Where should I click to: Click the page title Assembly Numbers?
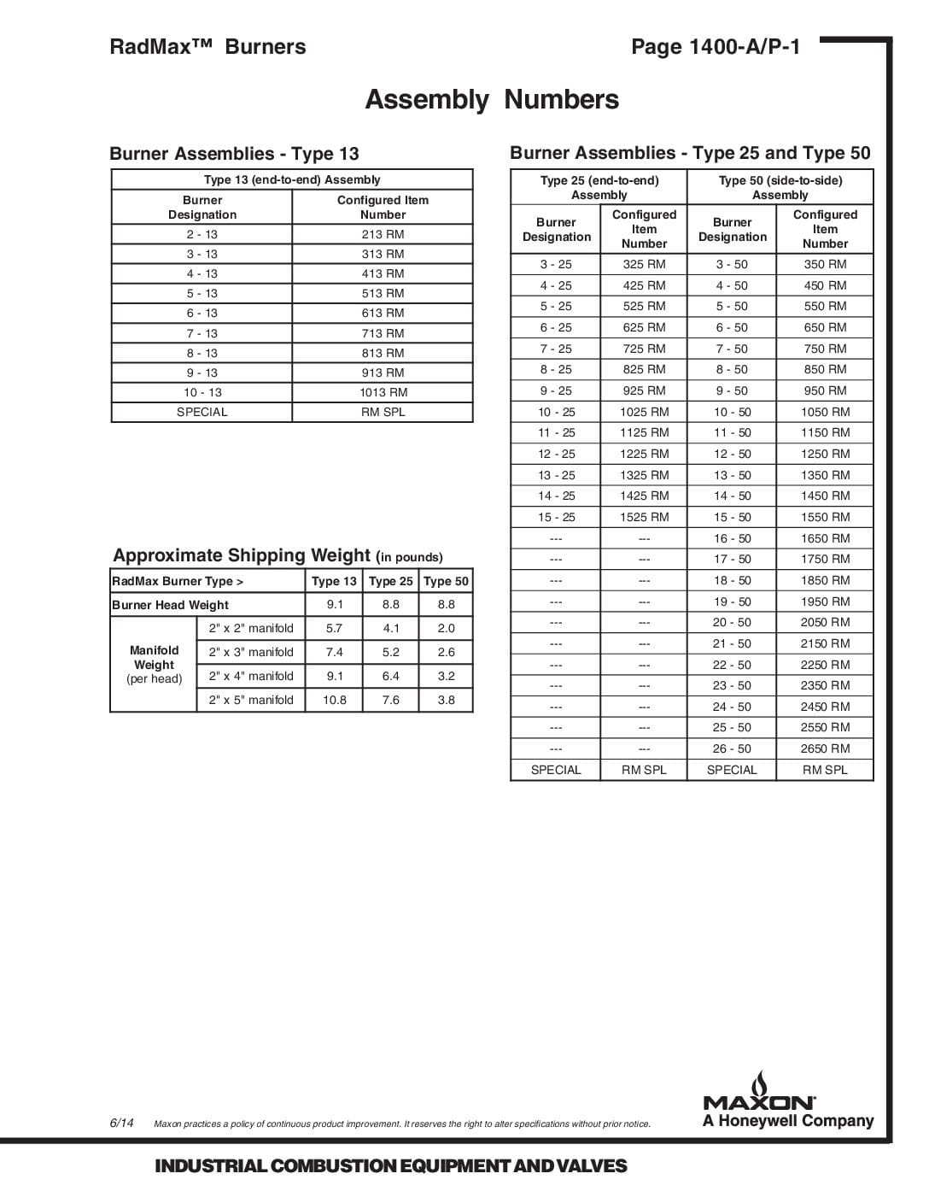(492, 100)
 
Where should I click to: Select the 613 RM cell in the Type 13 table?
(383, 314)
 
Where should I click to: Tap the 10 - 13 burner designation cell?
(202, 392)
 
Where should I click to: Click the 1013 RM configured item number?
(383, 392)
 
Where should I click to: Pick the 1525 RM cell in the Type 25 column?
(644, 517)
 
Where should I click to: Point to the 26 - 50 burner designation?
(732, 748)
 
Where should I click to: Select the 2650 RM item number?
(825, 748)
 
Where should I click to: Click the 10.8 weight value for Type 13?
(334, 700)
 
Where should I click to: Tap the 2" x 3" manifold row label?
(251, 652)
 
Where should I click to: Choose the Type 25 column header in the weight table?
(390, 581)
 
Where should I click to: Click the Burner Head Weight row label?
(171, 605)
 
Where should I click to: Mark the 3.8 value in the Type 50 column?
(446, 700)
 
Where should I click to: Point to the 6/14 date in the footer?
(121, 1123)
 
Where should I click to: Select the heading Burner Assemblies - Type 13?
(234, 154)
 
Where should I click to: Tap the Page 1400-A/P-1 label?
(716, 47)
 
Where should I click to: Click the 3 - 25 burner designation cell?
(556, 265)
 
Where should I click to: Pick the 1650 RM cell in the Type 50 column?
(825, 538)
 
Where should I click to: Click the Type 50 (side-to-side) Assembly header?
(780, 187)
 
